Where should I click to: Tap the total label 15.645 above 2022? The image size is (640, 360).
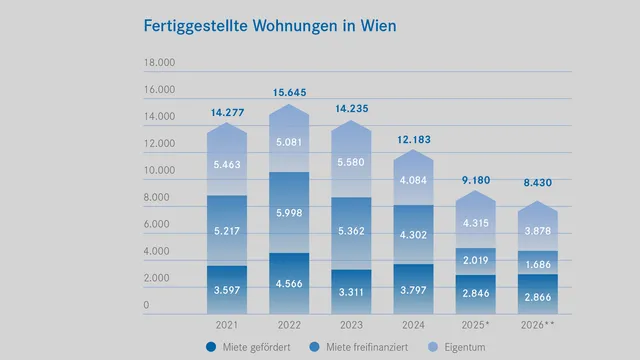289,93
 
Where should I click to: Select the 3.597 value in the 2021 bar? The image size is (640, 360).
227,290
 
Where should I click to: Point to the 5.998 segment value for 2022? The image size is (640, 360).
289,214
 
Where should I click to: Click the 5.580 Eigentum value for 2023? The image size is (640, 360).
351,162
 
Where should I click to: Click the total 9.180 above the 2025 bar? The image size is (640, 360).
475,180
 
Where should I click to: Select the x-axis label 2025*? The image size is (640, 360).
476,325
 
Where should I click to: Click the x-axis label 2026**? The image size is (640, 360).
538,325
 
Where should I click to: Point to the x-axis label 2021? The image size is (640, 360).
227,325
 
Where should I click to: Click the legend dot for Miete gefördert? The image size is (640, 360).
211,347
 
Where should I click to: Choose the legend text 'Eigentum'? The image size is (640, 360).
467,347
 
